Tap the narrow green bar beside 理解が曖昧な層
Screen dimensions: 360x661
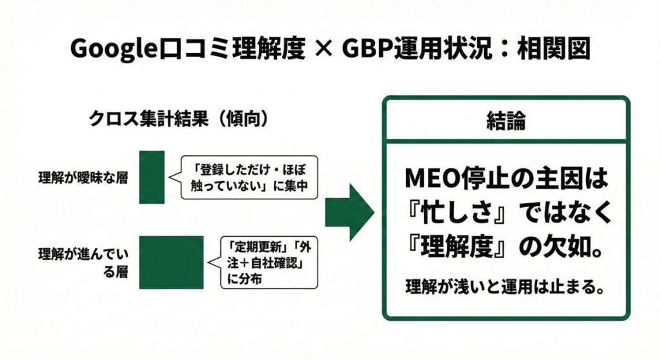152,177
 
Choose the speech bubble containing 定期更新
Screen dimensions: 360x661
270,263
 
